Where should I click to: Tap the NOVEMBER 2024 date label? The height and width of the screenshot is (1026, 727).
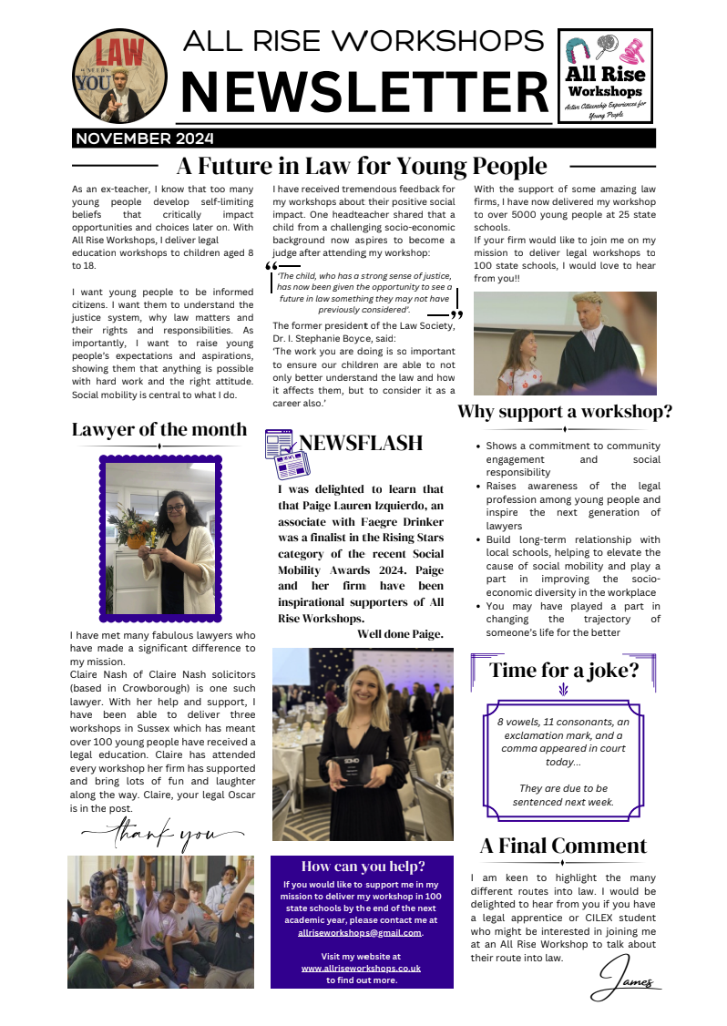point(143,139)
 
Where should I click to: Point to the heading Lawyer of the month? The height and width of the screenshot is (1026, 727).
point(159,429)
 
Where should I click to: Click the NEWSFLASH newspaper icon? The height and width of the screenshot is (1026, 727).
point(281,453)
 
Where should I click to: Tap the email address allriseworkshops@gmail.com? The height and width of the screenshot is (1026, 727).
point(361,932)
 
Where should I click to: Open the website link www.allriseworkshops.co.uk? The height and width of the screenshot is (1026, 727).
point(361,968)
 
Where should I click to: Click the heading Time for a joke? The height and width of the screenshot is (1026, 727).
point(564,671)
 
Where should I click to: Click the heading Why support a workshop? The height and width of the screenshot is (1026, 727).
point(565,411)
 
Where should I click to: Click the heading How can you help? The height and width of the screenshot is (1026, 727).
point(363,866)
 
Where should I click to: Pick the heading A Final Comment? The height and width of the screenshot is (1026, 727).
point(564,845)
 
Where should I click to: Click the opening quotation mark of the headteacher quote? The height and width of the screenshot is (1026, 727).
point(271,266)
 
